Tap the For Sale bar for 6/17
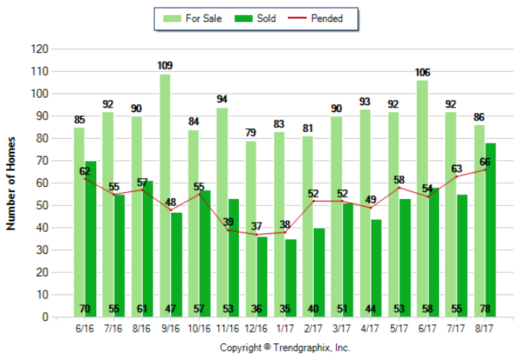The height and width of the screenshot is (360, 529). pyautogui.click(x=422, y=198)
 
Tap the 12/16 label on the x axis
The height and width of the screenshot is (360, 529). pyautogui.click(x=256, y=329)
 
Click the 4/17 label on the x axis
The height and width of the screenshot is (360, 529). pyautogui.click(x=371, y=329)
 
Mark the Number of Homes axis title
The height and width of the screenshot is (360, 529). pyautogui.click(x=11, y=183)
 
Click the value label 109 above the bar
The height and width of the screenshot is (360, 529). pyautogui.click(x=165, y=66)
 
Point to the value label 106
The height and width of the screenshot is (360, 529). pyautogui.click(x=422, y=72)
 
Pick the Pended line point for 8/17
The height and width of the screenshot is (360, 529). pyautogui.click(x=485, y=170)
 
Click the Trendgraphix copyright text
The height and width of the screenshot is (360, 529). pyautogui.click(x=285, y=347)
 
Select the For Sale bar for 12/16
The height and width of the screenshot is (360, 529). pyautogui.click(x=250, y=229)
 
